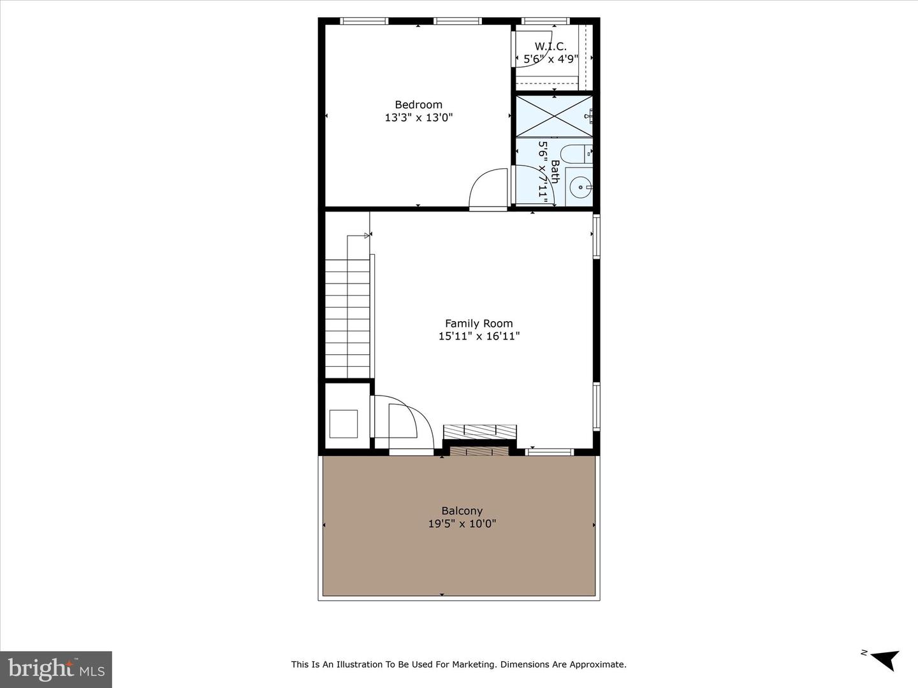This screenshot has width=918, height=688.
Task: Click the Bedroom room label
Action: tap(418, 104)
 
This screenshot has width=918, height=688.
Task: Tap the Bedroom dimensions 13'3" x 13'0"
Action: tap(418, 117)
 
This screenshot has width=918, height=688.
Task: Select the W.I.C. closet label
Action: tap(550, 47)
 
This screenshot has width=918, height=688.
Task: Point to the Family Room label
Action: tap(479, 324)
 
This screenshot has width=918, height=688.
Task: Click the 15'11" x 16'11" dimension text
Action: tap(479, 336)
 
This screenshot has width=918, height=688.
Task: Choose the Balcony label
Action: tap(462, 511)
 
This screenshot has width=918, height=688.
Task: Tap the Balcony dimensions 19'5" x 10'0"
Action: tap(462, 524)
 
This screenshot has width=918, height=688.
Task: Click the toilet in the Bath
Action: tap(576, 154)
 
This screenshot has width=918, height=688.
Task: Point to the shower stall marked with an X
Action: tap(554, 116)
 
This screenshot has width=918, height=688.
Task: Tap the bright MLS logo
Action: tap(56, 669)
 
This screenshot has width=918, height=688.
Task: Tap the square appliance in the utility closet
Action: tap(344, 424)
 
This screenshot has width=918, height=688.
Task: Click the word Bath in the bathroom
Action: tap(555, 171)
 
